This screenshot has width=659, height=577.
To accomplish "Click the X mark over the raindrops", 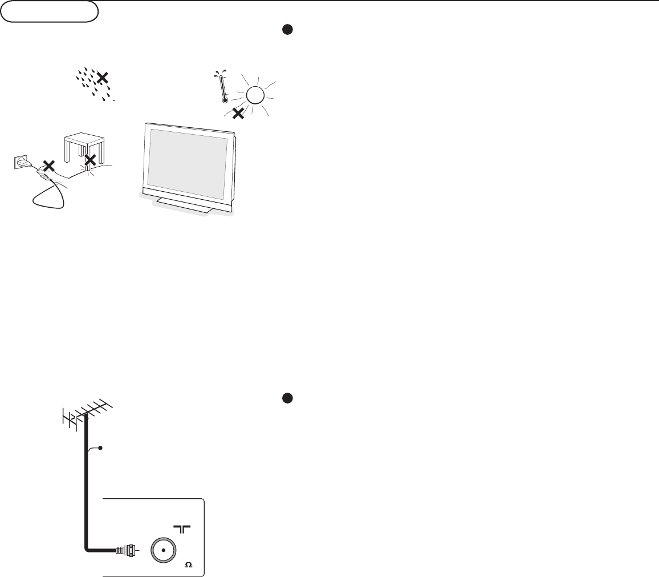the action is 103,78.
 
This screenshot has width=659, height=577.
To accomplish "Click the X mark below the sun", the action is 238,113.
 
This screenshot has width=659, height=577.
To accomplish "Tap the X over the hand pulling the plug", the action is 50,166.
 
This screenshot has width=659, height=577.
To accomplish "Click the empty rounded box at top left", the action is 50,12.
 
